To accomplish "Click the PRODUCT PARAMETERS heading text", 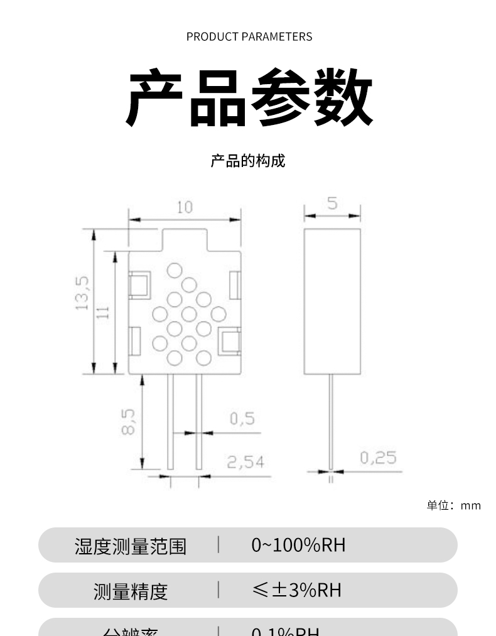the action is (249, 36).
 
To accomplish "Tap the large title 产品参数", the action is (249, 98).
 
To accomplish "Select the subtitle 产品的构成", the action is (247, 161).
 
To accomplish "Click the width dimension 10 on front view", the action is (185, 207).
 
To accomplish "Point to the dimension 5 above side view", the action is (332, 203).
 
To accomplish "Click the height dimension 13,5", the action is (82, 293).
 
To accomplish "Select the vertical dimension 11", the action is (104, 311).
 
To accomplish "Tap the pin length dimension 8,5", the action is (127, 421).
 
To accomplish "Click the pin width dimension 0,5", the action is (242, 419).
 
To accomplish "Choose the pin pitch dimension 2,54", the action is (245, 463).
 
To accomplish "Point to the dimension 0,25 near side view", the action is (378, 458).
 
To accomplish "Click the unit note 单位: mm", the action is (453, 505).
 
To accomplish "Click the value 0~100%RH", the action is (298, 545).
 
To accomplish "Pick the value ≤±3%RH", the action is (296, 590).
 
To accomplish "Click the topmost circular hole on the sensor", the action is (175, 271).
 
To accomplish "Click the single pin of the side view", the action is (331, 421).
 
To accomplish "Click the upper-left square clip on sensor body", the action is (139, 284).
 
